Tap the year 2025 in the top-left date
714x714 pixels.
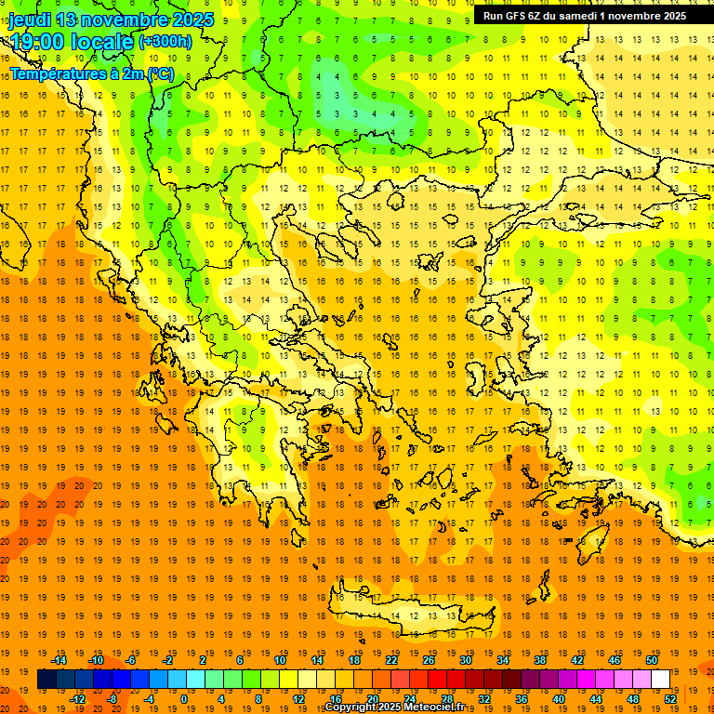coord(192,20)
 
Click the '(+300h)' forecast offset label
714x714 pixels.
coord(165,42)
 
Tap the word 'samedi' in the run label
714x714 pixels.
coord(577,16)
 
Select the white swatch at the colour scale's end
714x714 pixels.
coord(661,680)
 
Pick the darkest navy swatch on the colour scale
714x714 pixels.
coord(46,680)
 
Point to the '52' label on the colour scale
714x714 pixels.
coord(670,699)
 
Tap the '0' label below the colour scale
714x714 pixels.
coord(184,699)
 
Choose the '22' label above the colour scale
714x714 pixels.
coord(391,660)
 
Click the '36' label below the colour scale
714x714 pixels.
coord(522,699)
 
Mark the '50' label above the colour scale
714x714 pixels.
coord(652,660)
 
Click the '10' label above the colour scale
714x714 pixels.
coord(280,660)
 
